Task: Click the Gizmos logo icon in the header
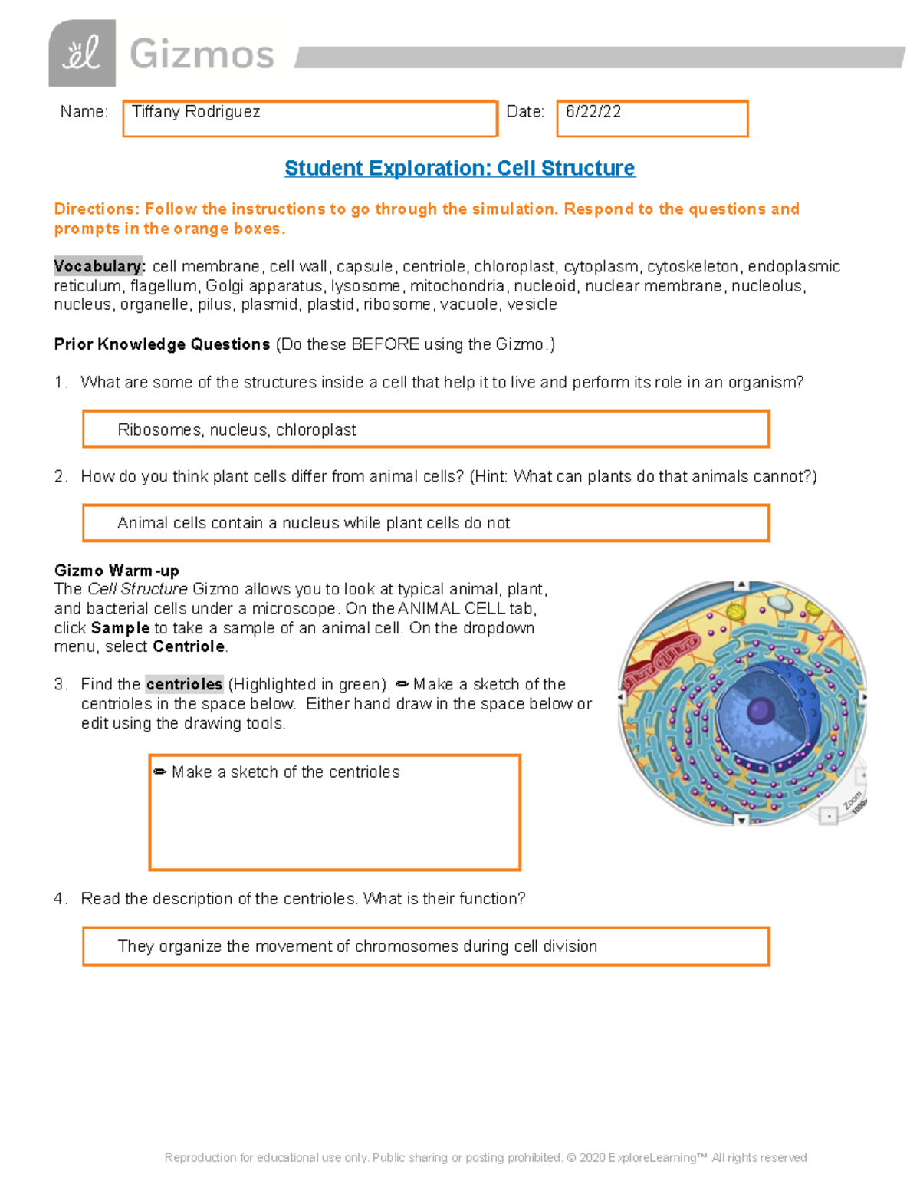pos(82,54)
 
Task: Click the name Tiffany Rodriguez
pos(196,112)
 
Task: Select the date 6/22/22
pos(593,112)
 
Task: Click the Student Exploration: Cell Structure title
pos(460,168)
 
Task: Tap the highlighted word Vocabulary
pos(99,266)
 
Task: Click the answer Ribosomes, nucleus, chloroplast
pos(237,430)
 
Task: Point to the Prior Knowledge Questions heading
pos(162,344)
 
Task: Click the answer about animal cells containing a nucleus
pos(313,523)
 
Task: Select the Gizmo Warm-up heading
pos(117,571)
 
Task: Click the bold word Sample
pos(120,628)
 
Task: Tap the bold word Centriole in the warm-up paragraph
pos(189,646)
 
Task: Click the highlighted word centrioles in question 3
pos(184,684)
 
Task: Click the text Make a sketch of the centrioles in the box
pos(285,772)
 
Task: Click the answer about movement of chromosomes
pos(357,946)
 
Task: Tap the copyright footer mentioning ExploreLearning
pos(485,1157)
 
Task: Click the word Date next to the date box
pos(524,112)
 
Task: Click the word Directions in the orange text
pos(95,209)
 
